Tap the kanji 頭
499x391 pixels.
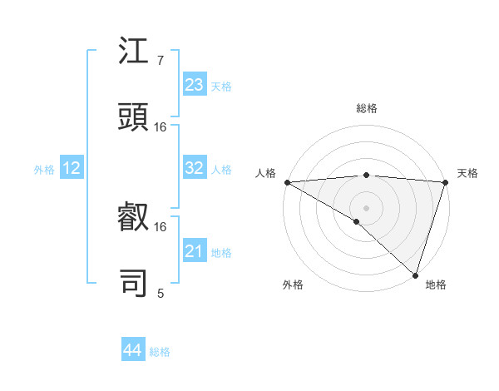134,118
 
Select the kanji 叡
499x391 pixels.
134,219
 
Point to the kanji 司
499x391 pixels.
134,284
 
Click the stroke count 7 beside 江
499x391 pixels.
160,61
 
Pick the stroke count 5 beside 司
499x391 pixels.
160,293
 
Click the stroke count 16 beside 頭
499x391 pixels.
161,127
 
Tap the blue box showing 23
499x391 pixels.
195,85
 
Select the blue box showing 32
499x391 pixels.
195,168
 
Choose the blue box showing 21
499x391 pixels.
195,251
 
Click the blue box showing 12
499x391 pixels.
72,168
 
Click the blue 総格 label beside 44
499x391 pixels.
160,352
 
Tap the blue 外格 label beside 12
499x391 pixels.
44,170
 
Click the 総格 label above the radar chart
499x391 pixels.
366,108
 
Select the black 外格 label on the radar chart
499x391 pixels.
293,285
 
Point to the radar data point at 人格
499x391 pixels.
287,182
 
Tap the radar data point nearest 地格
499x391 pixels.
415,275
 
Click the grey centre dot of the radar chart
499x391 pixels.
366,208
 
